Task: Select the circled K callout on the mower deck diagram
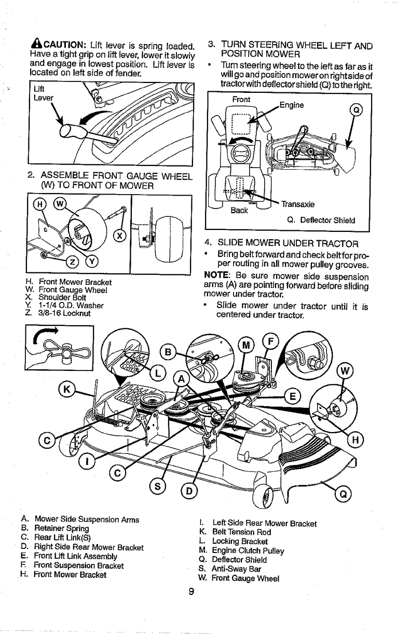click(x=67, y=389)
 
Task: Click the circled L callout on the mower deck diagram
click(x=158, y=373)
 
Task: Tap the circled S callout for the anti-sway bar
click(x=158, y=486)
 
